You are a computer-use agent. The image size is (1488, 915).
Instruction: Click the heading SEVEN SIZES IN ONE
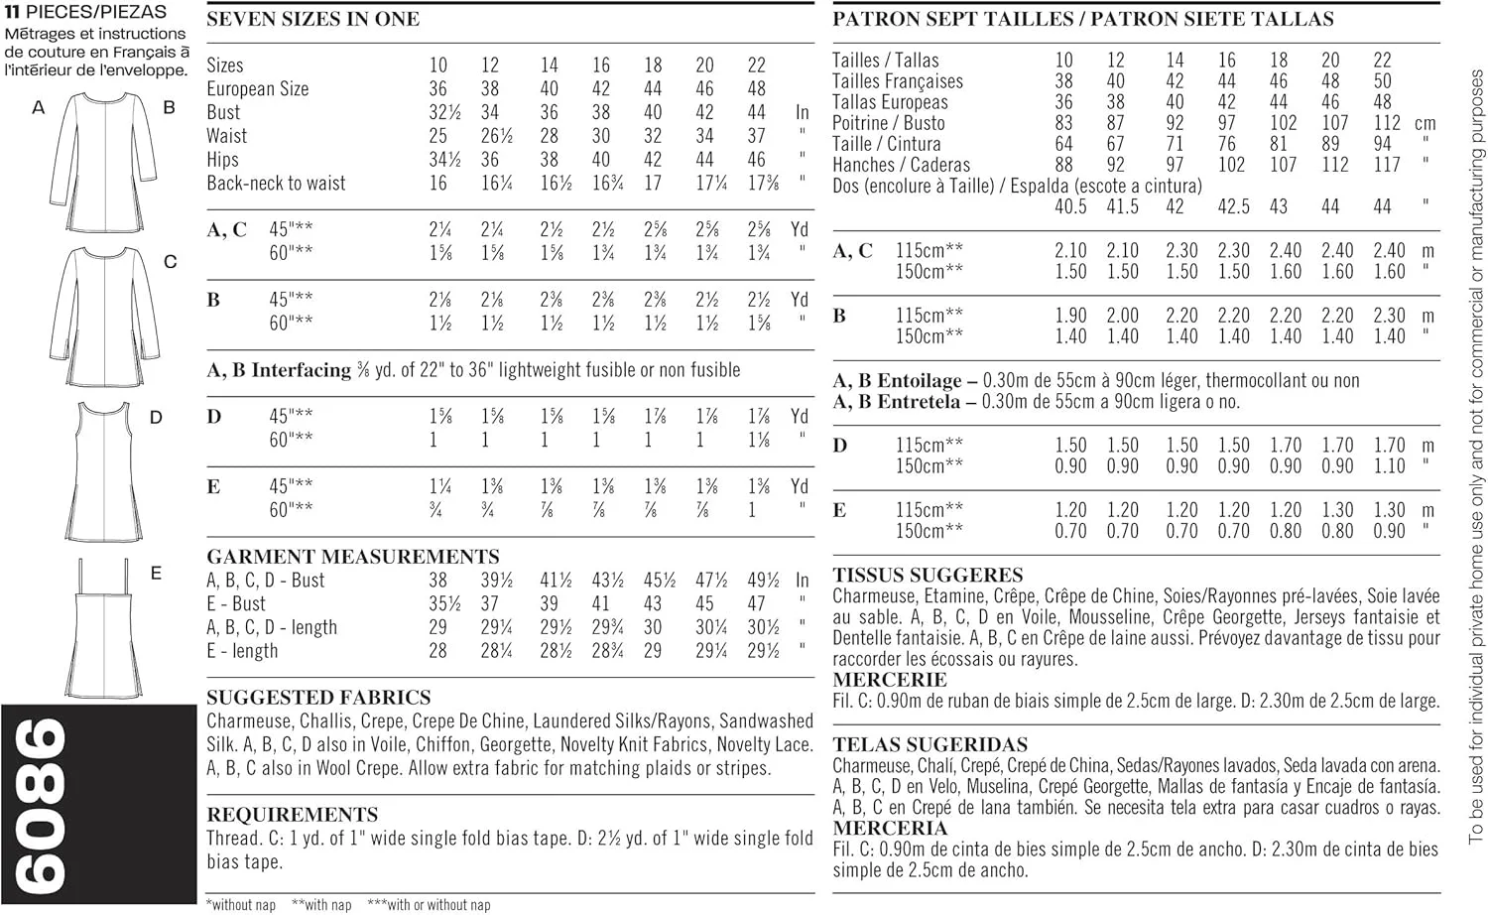pos(312,19)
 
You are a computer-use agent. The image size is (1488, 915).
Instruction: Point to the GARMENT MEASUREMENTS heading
pos(353,557)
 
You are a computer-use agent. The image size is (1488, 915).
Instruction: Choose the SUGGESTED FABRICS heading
pos(318,698)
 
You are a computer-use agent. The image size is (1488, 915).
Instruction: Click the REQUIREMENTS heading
pos(293,815)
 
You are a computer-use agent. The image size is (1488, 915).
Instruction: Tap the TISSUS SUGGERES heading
pos(928,576)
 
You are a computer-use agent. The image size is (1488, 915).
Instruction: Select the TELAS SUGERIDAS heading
pos(930,745)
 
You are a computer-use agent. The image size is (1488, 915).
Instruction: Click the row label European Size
pos(257,89)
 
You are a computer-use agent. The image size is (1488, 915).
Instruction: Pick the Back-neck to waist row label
pos(276,184)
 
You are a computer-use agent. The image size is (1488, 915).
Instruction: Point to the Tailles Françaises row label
pos(897,81)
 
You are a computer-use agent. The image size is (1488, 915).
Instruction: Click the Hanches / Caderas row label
pos(901,165)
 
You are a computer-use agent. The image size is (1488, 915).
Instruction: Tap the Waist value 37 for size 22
pos(757,136)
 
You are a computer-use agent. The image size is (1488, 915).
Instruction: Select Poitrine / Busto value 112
pos(1387,123)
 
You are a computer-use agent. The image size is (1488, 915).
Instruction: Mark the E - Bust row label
pos(236,603)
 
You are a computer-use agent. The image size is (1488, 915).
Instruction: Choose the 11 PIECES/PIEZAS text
pos(85,13)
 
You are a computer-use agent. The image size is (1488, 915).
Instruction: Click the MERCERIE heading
pos(889,681)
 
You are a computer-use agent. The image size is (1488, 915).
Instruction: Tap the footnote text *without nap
pos(241,905)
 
